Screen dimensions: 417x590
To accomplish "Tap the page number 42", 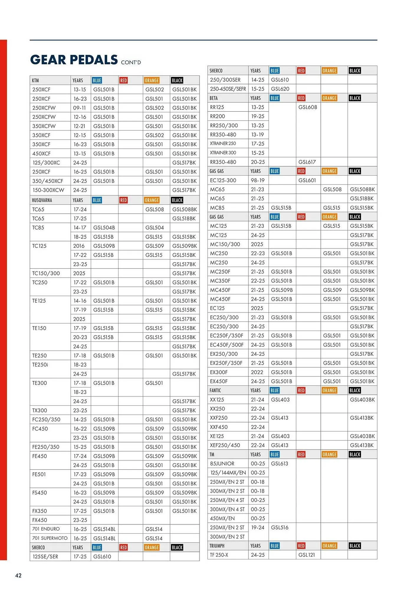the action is [18, 576].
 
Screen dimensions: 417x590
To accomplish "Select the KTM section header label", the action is [35, 81].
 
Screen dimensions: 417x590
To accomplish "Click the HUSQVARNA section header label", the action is [42, 200].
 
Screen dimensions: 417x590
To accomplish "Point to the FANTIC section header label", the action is [215, 391].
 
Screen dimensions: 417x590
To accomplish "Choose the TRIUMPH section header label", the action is [217, 546].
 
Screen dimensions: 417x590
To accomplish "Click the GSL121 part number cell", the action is [307, 555].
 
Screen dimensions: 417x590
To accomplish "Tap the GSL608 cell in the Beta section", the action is [308, 107].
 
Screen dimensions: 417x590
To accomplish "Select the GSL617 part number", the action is [307, 162].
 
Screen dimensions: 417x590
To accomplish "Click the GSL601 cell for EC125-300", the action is [307, 181].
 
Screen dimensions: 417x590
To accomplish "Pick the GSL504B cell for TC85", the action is [104, 228].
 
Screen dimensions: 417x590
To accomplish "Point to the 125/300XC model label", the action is [46, 163].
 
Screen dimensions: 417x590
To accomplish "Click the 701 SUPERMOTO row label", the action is [50, 538].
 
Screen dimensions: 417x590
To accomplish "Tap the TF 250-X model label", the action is [219, 555].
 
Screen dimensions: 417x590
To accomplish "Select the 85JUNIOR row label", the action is [222, 464].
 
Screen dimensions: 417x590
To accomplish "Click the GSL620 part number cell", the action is [280, 89].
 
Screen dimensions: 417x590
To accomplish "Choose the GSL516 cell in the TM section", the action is [280, 528].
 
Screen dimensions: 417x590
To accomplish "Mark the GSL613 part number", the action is [280, 464].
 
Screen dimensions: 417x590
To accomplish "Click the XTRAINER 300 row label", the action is [223, 153].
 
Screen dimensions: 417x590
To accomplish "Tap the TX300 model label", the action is [40, 411].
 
